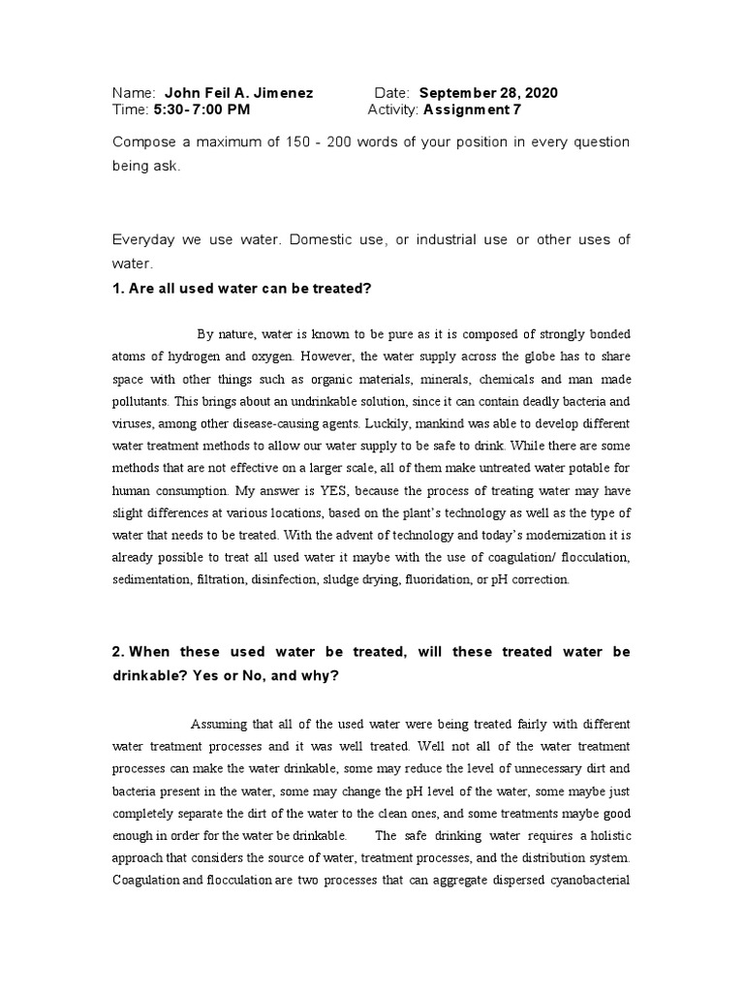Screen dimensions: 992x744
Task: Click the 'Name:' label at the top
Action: [135, 93]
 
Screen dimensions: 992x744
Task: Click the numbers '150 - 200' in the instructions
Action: [362, 142]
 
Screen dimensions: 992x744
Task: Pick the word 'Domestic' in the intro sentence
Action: [320, 239]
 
